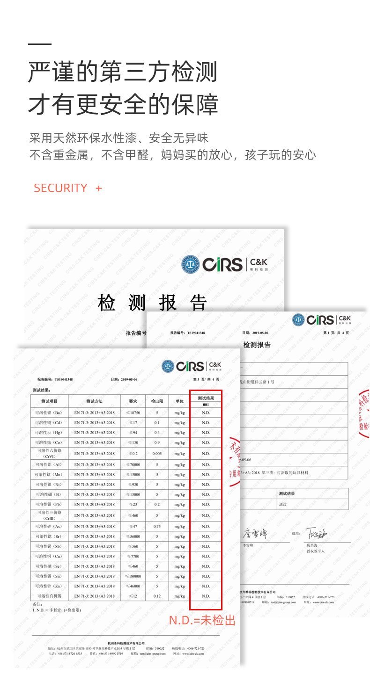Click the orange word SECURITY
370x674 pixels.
[60, 188]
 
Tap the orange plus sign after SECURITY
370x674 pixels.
[98, 188]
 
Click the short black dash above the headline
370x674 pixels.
[39, 44]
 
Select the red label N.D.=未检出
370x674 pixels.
[202, 621]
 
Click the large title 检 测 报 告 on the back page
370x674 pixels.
[153, 303]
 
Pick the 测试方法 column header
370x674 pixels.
[94, 401]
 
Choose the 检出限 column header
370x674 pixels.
[157, 401]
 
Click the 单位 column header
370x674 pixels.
[179, 401]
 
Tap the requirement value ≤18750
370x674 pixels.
[133, 413]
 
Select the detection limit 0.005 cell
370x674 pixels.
[157, 454]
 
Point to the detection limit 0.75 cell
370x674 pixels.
[157, 527]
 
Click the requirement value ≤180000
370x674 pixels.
[133, 576]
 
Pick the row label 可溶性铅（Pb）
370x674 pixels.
[49, 505]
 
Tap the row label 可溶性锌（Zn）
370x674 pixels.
[49, 586]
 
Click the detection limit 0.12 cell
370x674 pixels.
[157, 596]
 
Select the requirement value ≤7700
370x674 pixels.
[133, 556]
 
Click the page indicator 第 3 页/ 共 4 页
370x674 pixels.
[206, 379]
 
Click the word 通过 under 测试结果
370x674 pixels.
[282, 504]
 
